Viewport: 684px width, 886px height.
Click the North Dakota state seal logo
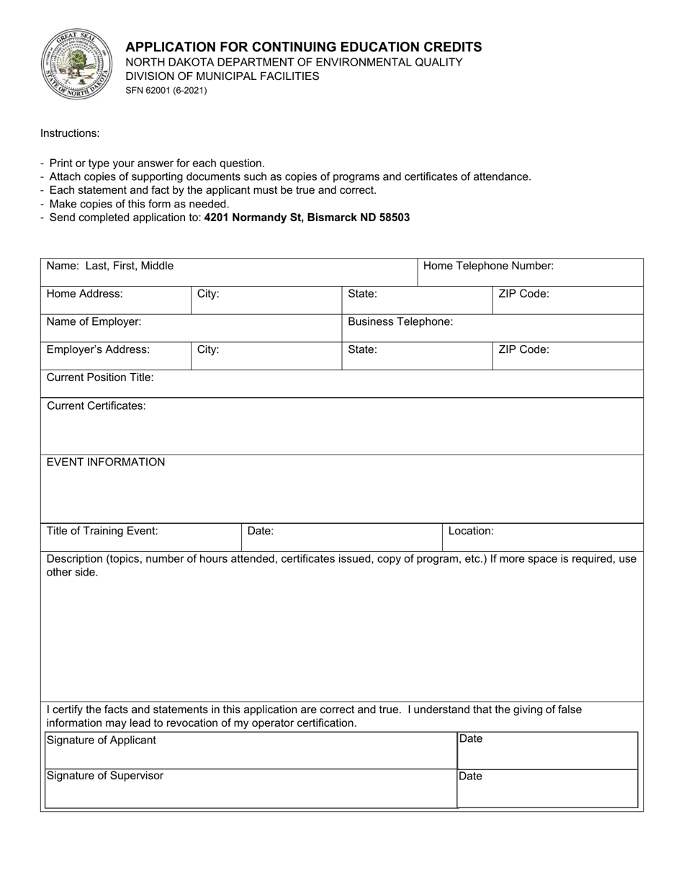point(75,65)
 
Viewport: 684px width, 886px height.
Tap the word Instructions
point(70,133)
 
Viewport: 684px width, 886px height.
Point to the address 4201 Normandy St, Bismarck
point(307,218)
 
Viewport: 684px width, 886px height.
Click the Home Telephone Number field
point(530,272)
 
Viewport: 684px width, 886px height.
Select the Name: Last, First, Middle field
point(229,272)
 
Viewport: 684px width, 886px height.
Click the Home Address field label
point(85,294)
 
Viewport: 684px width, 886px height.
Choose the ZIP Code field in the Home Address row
point(567,300)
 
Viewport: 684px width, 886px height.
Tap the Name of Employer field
point(191,328)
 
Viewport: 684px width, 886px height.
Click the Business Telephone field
point(492,328)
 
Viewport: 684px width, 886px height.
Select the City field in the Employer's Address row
point(266,356)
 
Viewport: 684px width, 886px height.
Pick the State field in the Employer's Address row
point(417,356)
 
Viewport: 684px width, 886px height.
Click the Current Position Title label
point(100,377)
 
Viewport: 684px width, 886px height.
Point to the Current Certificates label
point(96,406)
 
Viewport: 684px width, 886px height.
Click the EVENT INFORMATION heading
point(106,462)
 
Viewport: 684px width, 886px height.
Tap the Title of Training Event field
point(141,537)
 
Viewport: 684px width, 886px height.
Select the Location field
point(542,537)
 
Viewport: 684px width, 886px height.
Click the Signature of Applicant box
point(251,751)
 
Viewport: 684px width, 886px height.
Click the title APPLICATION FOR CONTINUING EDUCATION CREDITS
point(304,47)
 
